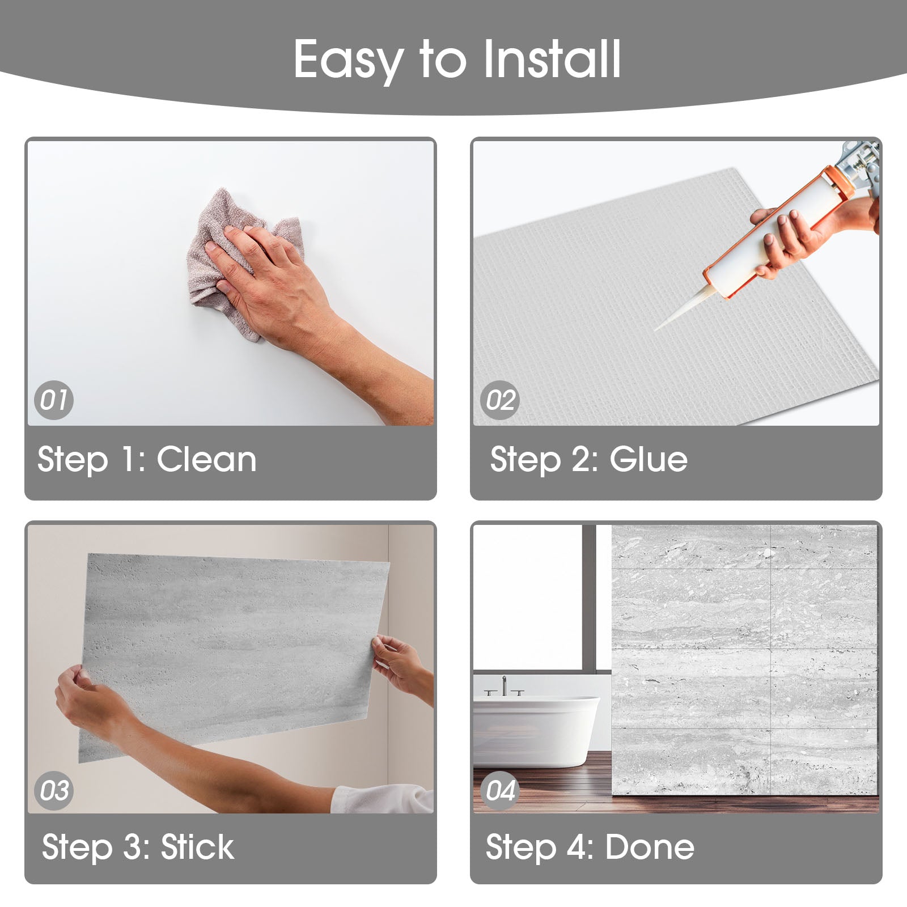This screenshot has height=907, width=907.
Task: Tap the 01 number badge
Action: [x=54, y=400]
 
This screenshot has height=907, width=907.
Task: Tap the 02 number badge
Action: [x=500, y=400]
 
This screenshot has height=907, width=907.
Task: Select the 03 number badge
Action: [x=54, y=790]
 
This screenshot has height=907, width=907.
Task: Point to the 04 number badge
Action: [x=500, y=790]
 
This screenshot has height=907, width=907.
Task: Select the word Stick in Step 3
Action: [x=197, y=847]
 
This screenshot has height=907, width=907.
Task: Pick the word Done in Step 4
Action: [x=650, y=847]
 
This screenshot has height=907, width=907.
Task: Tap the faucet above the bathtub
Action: [x=504, y=686]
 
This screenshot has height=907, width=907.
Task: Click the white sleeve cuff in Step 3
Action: [x=382, y=798]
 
